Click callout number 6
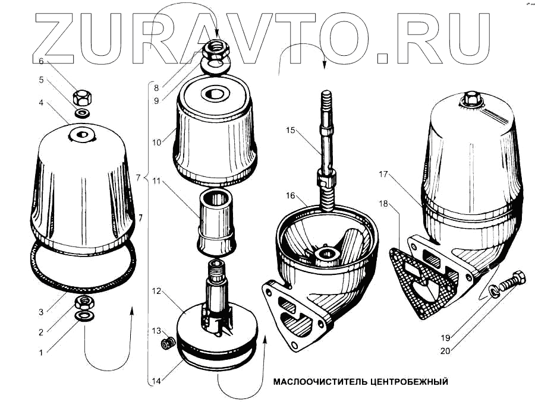point(41,61)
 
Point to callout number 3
point(41,312)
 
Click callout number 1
point(41,353)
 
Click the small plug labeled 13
point(168,343)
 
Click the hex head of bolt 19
point(517,278)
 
